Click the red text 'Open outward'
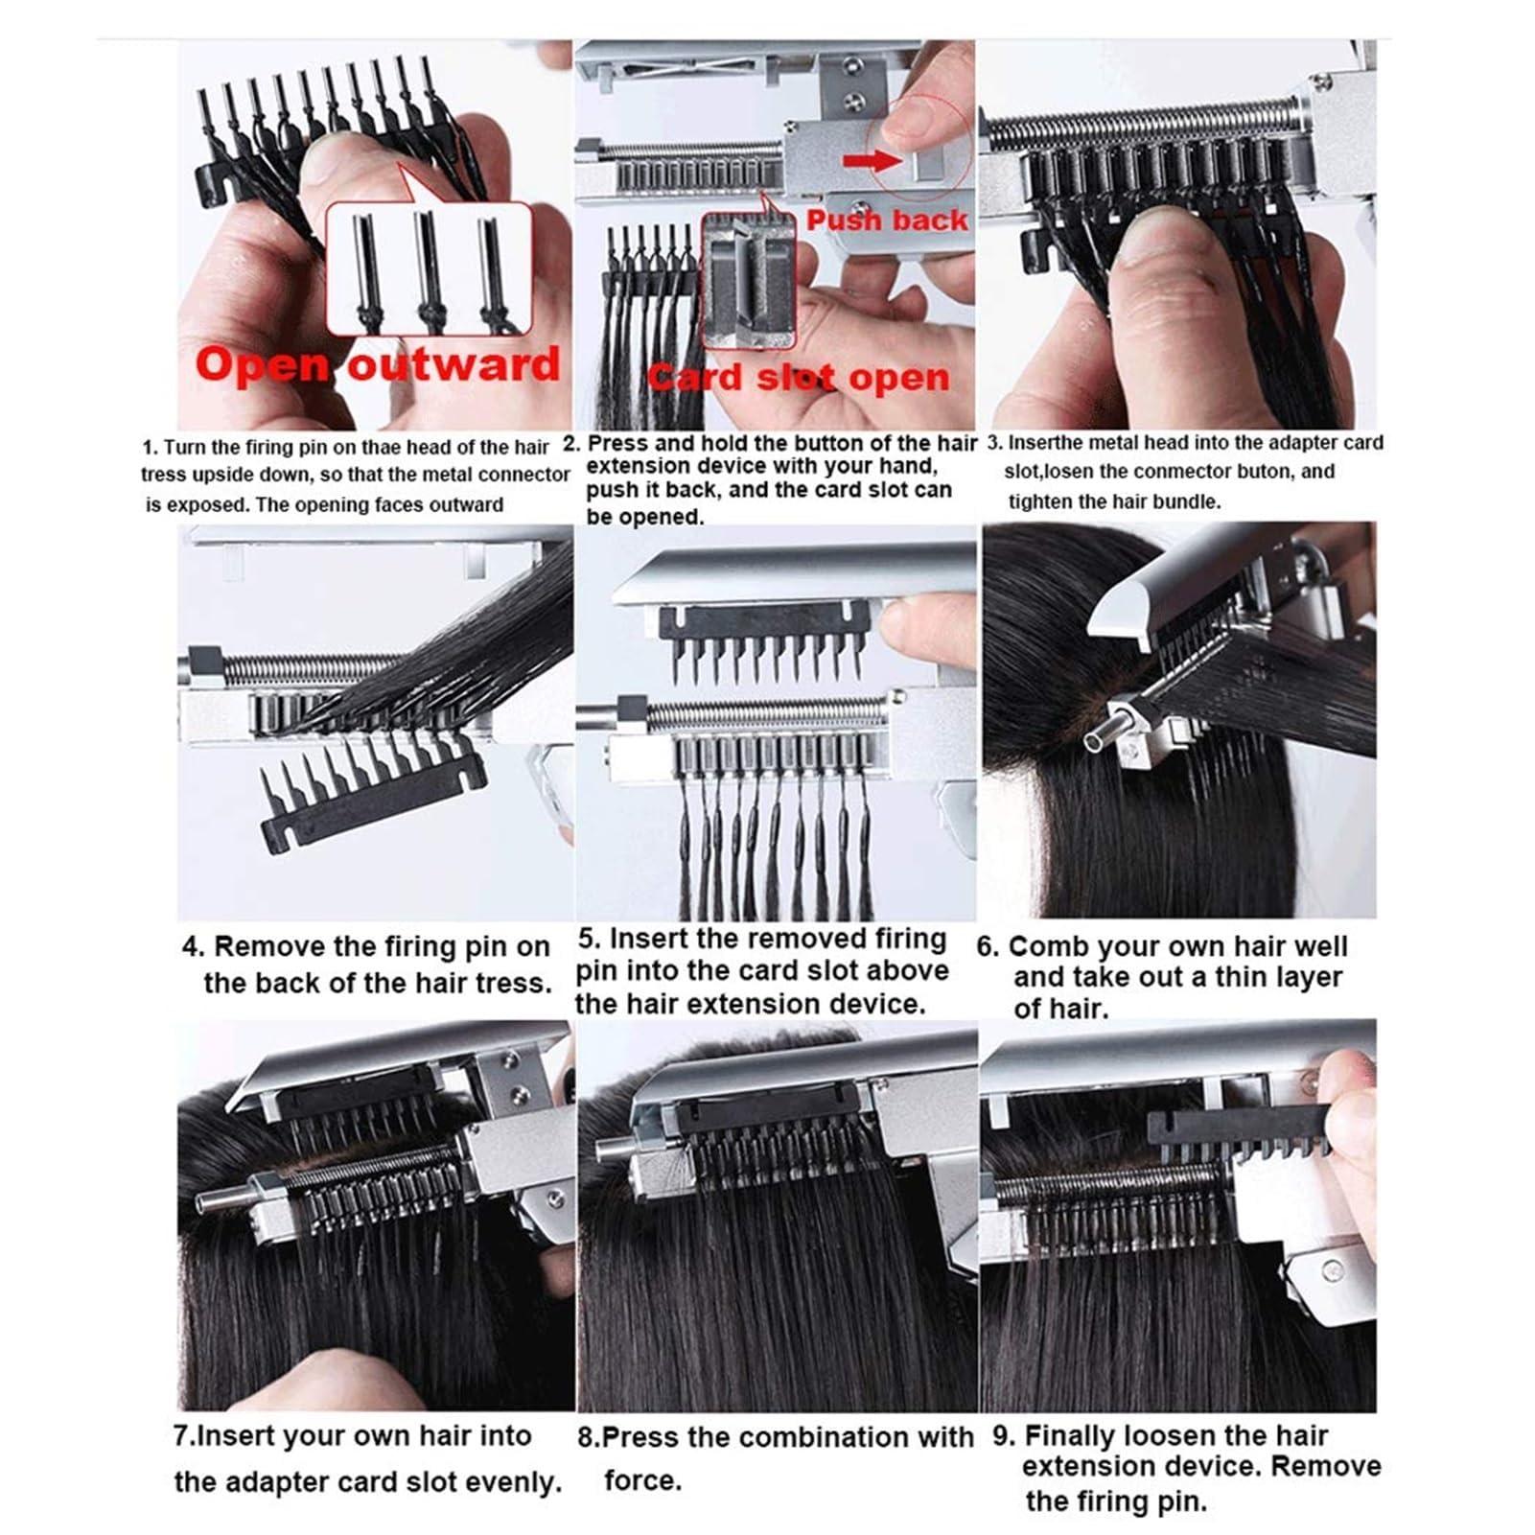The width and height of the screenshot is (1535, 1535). click(377, 365)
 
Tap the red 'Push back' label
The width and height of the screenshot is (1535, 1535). click(887, 221)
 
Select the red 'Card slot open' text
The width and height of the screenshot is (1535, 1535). click(799, 378)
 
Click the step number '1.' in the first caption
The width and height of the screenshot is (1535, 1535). click(150, 448)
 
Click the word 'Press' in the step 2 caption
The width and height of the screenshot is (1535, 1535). click(617, 444)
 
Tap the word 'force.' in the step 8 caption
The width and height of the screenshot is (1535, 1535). click(642, 1480)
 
